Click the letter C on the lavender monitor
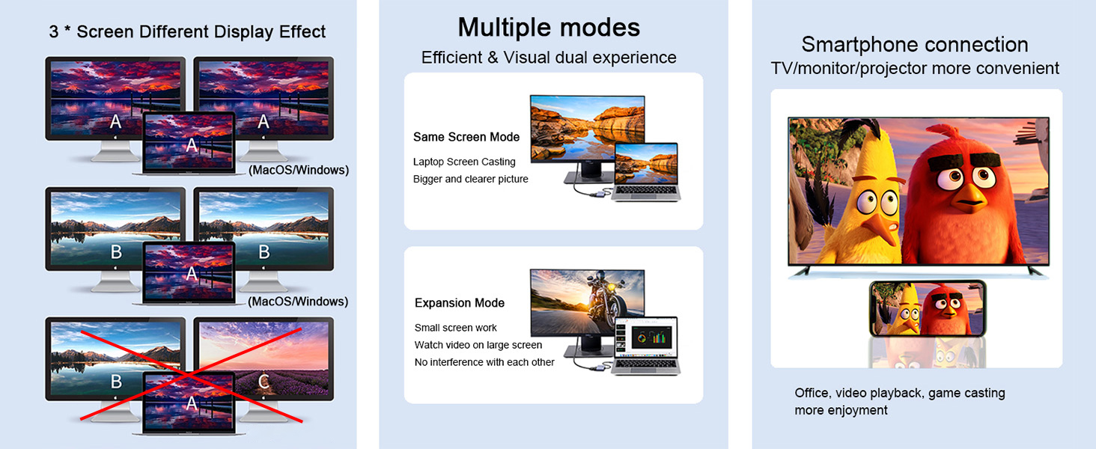[x=263, y=382]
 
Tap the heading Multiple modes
[x=549, y=28]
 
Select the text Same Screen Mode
[x=466, y=137]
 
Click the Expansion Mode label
[x=459, y=303]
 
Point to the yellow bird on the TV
[x=853, y=198]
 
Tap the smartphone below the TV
[x=928, y=308]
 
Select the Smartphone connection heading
[x=914, y=44]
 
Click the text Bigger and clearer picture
[x=470, y=179]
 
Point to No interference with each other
[x=484, y=362]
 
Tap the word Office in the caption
[x=812, y=393]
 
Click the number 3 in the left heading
[x=54, y=32]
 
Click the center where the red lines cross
[x=190, y=371]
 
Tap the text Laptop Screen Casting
[x=464, y=162]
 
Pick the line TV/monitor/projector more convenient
[x=915, y=69]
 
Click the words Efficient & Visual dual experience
[x=549, y=58]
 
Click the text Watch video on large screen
[x=478, y=345]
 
